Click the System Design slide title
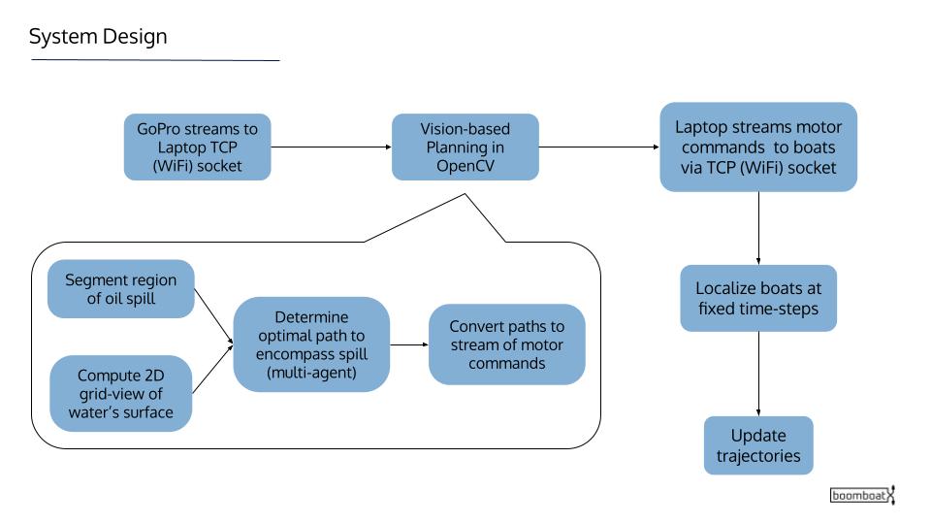tap(98, 37)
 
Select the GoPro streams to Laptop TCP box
tap(197, 147)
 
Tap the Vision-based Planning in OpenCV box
tap(465, 147)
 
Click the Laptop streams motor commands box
tap(758, 147)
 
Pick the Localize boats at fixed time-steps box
tap(758, 298)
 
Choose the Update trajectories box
tap(758, 445)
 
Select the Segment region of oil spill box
tap(120, 289)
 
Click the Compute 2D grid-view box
tap(120, 393)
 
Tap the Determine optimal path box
tap(311, 344)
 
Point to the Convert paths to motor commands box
tap(506, 344)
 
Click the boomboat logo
tap(862, 495)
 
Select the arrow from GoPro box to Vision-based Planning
tap(332, 147)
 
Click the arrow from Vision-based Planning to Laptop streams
tap(599, 147)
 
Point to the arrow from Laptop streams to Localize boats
tap(758, 228)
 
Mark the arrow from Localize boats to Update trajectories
tap(758, 374)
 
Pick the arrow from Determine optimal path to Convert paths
tap(409, 344)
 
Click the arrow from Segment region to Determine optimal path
tap(213, 316)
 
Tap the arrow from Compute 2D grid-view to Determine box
tap(212, 369)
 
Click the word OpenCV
tap(465, 166)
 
